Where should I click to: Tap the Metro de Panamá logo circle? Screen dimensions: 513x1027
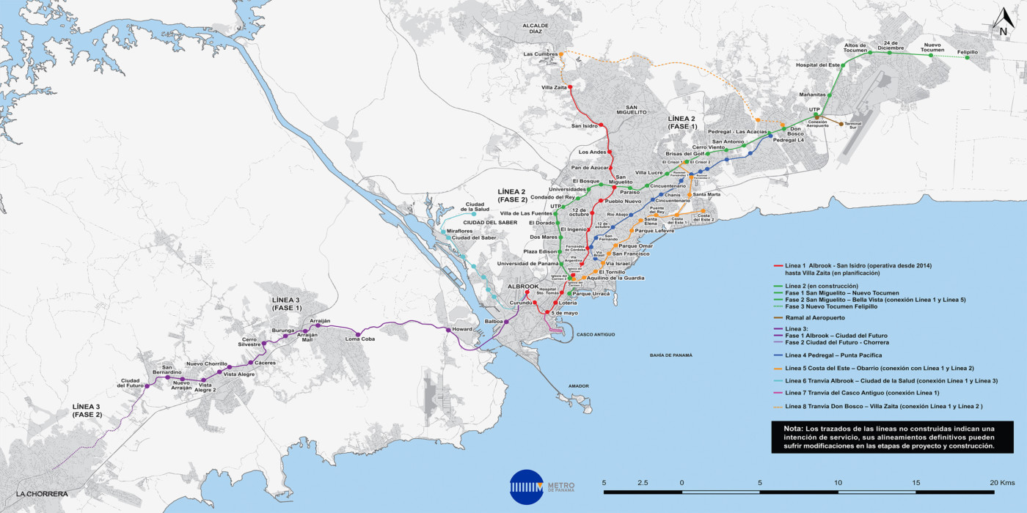[525, 487]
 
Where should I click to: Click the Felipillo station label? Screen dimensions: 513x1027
[968, 52]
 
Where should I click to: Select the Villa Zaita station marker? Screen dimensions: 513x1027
[570, 88]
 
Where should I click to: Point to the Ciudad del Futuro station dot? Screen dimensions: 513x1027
[147, 386]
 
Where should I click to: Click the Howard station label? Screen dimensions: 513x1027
[462, 330]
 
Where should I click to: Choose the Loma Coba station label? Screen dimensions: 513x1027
[359, 339]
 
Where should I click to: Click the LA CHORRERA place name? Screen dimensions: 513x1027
[41, 494]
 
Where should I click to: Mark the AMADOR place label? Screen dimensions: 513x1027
[579, 385]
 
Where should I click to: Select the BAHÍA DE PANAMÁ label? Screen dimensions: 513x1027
[670, 355]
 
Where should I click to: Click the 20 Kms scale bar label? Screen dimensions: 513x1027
[1002, 482]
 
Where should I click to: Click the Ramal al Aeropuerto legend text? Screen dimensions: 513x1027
[814, 318]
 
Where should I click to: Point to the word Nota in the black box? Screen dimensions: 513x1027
[792, 428]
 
